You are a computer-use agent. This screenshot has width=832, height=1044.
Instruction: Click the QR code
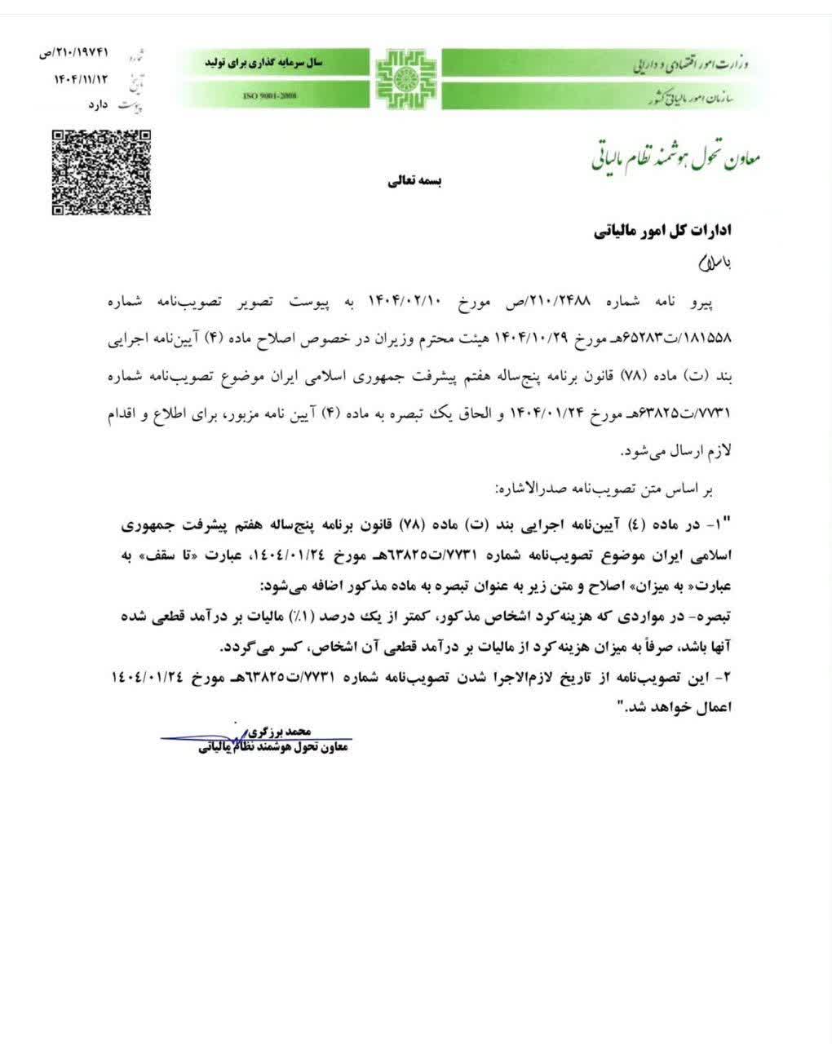pyautogui.click(x=101, y=171)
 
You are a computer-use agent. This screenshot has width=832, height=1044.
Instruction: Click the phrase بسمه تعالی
pyautogui.click(x=413, y=181)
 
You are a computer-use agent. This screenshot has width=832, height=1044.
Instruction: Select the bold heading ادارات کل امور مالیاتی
pyautogui.click(x=662, y=231)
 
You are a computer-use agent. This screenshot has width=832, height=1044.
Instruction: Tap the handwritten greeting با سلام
pyautogui.click(x=709, y=263)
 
